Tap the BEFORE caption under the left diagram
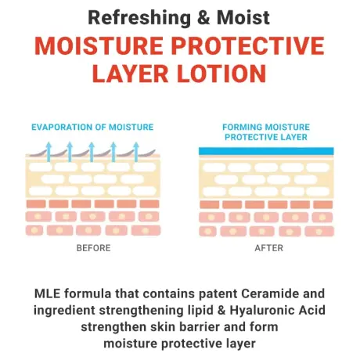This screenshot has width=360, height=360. click(93, 248)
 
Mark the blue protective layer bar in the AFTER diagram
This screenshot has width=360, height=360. click(267, 151)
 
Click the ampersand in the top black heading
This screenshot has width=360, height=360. click(202, 16)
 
